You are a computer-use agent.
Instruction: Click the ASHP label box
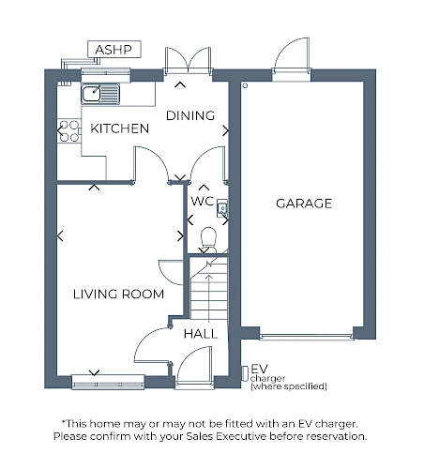114,49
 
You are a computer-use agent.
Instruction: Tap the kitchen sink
100,94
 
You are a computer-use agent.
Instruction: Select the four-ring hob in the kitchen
69,131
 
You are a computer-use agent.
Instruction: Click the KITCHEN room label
119,129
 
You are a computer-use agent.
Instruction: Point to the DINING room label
190,115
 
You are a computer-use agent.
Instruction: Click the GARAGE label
304,204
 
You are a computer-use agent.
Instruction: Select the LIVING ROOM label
118,295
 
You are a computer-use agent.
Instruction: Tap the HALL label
201,334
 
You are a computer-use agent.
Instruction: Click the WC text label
203,201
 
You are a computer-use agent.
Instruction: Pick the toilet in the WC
208,240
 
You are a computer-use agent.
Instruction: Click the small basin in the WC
222,208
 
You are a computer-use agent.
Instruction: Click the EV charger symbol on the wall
245,373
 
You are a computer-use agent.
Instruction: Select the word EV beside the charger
259,369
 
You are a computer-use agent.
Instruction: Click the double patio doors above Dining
188,61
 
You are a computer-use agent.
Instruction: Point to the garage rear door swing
292,56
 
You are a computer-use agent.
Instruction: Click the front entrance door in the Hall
194,365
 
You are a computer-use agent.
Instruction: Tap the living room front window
108,382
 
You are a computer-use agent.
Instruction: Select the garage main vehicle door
307,337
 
